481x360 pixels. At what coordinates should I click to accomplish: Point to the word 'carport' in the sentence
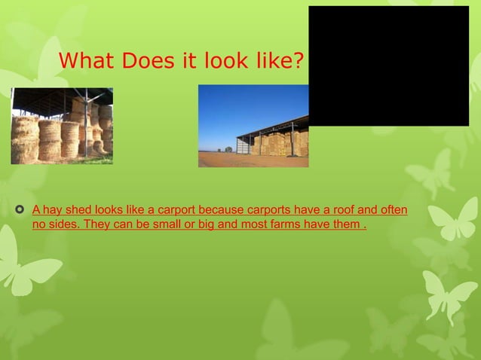click(x=170, y=209)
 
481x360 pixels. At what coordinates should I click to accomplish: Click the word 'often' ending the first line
click(x=392, y=209)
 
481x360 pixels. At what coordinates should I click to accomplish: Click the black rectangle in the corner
click(x=388, y=66)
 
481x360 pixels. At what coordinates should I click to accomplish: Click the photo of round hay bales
click(x=62, y=126)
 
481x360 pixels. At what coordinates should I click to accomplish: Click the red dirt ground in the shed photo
click(x=226, y=160)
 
